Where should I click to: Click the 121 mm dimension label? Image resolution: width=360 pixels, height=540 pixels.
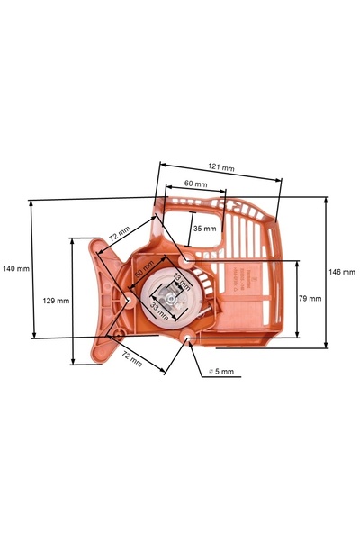pos(221,167)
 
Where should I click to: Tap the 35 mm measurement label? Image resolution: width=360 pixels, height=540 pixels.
pos(205,229)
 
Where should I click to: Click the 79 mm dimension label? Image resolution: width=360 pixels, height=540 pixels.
pos(310,298)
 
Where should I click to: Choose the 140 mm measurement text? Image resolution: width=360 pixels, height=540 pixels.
pos(16,268)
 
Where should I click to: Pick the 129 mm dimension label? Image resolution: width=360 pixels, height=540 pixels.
pos(57,301)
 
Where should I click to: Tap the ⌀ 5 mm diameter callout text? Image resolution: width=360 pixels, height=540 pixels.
pos(220,371)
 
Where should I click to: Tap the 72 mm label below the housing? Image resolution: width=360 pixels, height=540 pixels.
pos(131,358)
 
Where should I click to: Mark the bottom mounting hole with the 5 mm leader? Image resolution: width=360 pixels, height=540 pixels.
pos(188,339)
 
